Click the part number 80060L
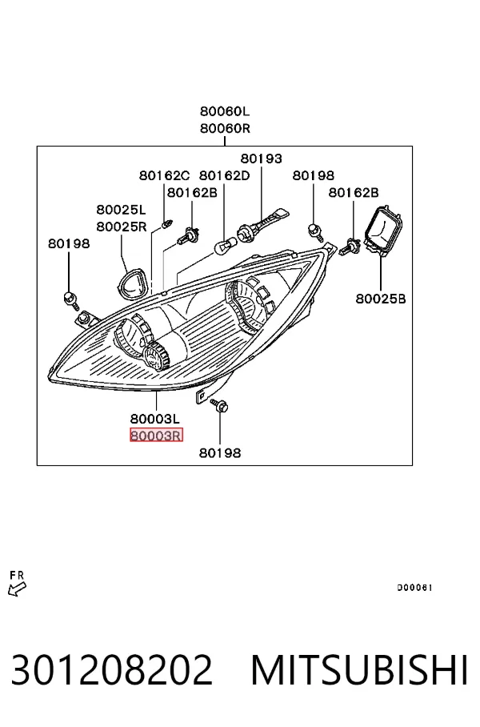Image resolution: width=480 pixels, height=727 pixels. [x=225, y=111]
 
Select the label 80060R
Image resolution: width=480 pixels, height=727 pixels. [x=225, y=128]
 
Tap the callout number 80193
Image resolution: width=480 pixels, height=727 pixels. [x=261, y=159]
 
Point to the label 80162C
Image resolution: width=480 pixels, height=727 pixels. [x=165, y=175]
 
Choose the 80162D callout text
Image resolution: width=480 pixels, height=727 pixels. [x=224, y=175]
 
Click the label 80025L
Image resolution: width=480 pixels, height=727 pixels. [x=121, y=210]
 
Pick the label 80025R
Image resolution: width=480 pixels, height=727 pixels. [x=122, y=227]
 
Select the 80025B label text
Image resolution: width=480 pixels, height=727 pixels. [x=380, y=299]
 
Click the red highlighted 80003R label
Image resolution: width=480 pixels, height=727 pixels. [x=157, y=436]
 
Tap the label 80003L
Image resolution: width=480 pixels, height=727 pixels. [x=154, y=419]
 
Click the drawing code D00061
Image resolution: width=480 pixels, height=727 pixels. [x=414, y=588]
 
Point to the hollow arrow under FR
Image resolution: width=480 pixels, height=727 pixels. [x=17, y=588]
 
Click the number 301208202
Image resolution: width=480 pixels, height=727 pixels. [x=112, y=670]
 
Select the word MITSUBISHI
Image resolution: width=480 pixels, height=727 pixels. [x=359, y=670]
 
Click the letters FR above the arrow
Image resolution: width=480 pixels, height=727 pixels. [x=17, y=576]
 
